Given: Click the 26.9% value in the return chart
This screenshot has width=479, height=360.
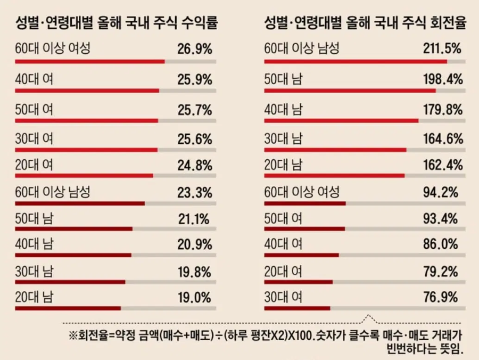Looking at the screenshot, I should click(x=195, y=50).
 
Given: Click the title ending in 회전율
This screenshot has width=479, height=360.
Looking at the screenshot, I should click(x=365, y=24).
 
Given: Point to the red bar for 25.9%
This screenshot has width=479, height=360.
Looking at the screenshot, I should click(x=87, y=90).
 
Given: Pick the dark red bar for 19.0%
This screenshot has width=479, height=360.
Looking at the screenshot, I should click(x=68, y=308).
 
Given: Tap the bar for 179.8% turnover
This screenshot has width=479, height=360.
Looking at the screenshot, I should click(x=341, y=120).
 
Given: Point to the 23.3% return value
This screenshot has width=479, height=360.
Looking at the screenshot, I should click(x=195, y=192).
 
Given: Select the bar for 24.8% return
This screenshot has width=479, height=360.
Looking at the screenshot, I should click(x=84, y=175).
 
